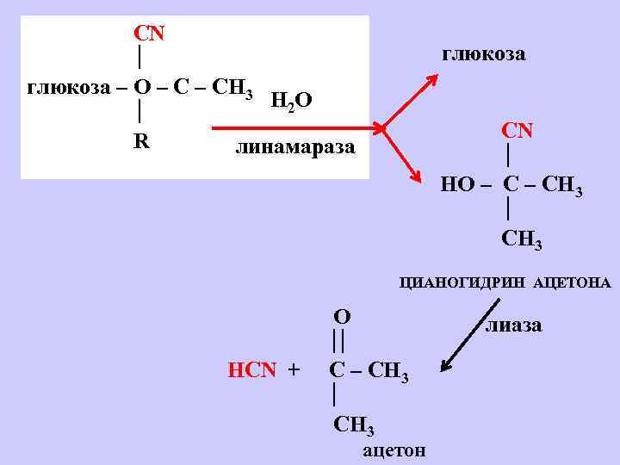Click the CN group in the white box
tap(149, 34)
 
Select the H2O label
tap(291, 101)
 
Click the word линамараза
tap(295, 147)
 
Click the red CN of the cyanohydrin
tap(518, 131)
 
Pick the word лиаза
tap(513, 325)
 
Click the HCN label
tap(251, 370)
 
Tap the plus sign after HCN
tap(294, 370)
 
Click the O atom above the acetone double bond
tap(342, 316)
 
